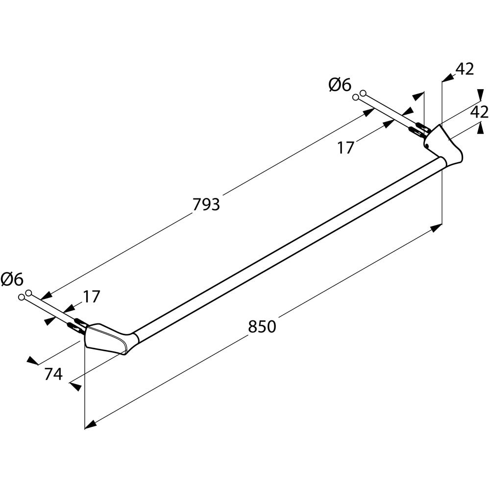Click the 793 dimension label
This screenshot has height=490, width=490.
[x=206, y=204]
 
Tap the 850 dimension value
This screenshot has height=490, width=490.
[x=262, y=327]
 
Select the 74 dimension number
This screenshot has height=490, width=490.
[x=53, y=374]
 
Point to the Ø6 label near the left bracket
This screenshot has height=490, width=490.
[x=12, y=280]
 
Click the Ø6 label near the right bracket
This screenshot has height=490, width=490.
[x=340, y=85]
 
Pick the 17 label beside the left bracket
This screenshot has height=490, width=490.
[x=91, y=296]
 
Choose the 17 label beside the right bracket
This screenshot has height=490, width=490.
[x=345, y=147]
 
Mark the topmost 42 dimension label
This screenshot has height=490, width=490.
[x=465, y=70]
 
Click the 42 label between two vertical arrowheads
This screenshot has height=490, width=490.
[x=479, y=112]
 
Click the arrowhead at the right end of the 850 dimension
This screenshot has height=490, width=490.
[x=437, y=227]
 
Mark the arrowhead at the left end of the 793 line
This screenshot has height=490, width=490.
[x=46, y=296]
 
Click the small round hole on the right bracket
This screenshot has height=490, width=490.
[x=427, y=146]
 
